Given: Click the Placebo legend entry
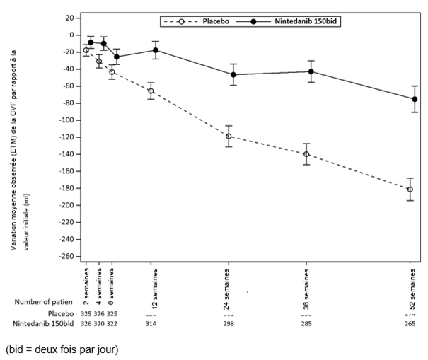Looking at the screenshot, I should click(195, 22).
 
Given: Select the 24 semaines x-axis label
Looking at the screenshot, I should click(229, 284).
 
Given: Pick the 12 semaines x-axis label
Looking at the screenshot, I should click(151, 284).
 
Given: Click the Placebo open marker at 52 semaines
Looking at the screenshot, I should click(410, 190).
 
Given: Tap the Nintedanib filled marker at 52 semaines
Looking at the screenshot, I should click(415, 99).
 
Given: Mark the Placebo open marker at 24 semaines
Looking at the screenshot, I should click(229, 137).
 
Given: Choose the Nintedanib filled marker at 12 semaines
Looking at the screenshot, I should click(156, 50).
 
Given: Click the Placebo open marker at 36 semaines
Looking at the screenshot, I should click(306, 154).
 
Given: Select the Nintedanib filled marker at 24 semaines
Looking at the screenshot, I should click(233, 74).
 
